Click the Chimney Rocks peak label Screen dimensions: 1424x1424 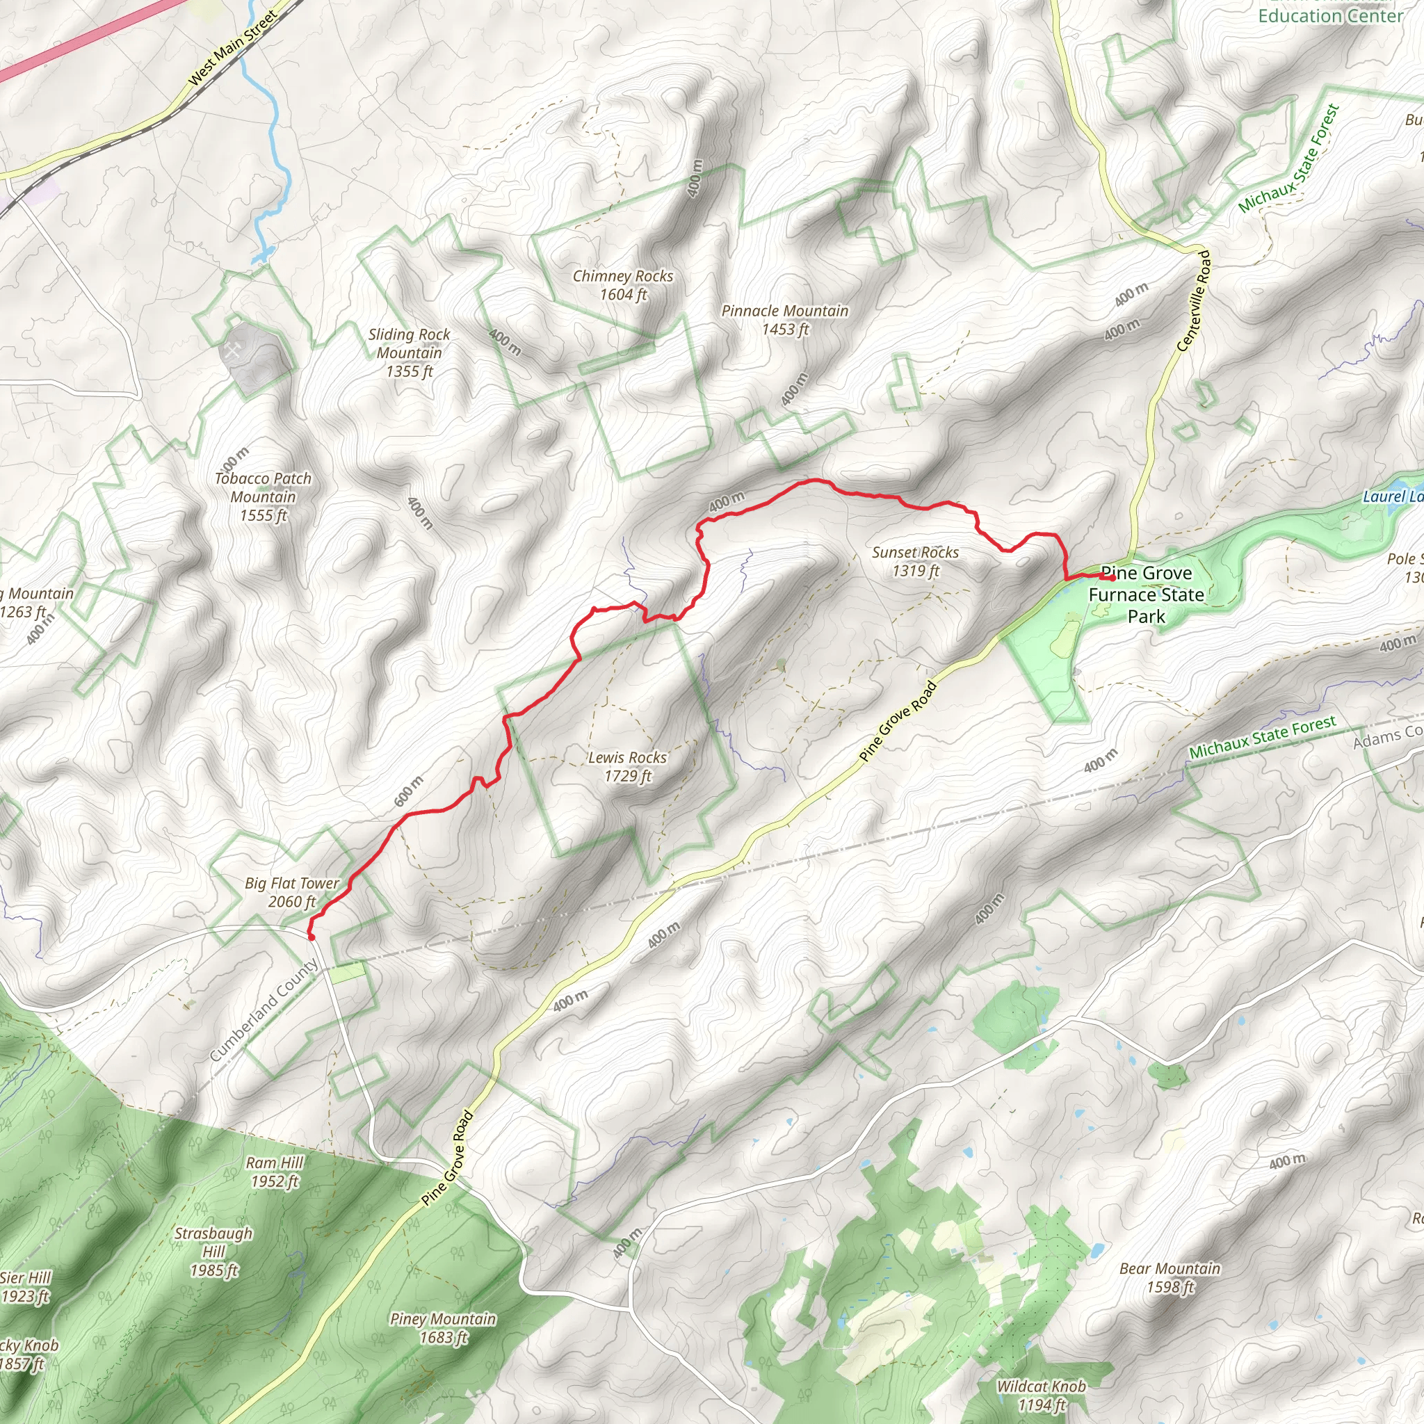click(x=623, y=285)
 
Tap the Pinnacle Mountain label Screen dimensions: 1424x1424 click(x=784, y=320)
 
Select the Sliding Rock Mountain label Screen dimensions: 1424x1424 click(x=409, y=353)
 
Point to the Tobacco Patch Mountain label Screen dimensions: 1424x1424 click(x=263, y=496)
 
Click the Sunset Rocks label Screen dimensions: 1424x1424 click(x=916, y=561)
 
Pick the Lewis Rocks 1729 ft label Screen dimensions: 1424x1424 click(x=627, y=766)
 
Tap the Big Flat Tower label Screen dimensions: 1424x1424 click(x=292, y=892)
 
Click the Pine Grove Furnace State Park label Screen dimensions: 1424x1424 click(x=1146, y=594)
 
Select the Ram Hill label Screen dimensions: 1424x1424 click(x=274, y=1172)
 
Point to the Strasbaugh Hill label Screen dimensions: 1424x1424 click(x=213, y=1252)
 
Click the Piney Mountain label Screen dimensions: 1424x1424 click(x=443, y=1328)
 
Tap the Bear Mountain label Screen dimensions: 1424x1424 click(x=1170, y=1277)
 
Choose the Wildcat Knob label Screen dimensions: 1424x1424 click(x=1041, y=1395)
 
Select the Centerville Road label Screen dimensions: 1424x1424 click(x=1194, y=300)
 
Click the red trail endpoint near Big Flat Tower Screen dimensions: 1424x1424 click(x=311, y=937)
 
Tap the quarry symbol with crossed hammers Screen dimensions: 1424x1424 click(x=232, y=352)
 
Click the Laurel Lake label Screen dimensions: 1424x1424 click(x=1392, y=496)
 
